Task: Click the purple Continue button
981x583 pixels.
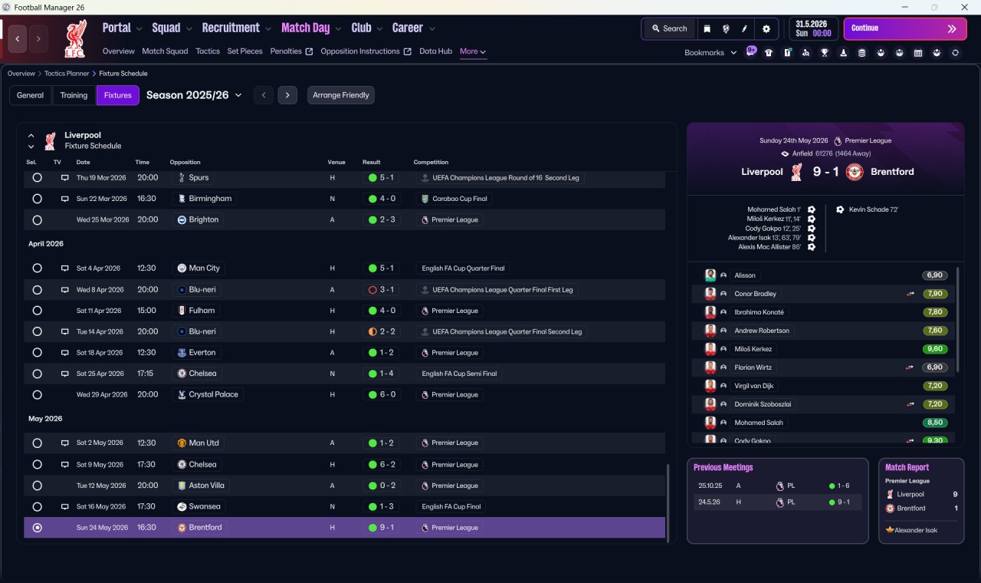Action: coord(905,28)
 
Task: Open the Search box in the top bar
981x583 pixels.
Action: coord(669,28)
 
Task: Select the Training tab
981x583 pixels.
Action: coord(74,95)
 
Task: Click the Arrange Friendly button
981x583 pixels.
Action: coord(341,95)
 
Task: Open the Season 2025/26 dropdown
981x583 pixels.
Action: coord(194,95)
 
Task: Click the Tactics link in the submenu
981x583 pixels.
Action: coord(208,51)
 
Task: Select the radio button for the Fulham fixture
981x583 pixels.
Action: coord(38,311)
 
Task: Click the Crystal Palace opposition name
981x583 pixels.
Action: coord(213,394)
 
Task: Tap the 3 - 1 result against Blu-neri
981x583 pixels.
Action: coord(386,290)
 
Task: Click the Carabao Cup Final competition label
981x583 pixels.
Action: coord(459,199)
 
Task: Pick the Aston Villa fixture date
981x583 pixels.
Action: coord(101,486)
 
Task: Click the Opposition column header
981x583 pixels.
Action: coord(185,162)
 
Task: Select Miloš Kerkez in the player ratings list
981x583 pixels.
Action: coord(753,349)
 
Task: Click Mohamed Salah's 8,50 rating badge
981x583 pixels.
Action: coord(934,423)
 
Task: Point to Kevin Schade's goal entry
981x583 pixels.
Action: coord(873,209)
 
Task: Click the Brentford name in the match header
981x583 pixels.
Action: coord(892,172)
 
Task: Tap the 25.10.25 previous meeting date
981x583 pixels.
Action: coord(710,486)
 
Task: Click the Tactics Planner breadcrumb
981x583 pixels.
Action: coord(67,74)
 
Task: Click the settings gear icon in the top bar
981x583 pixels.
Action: coord(766,29)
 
